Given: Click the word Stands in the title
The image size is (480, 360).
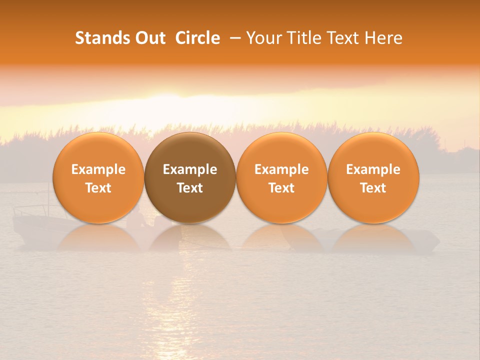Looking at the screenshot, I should click(x=99, y=38).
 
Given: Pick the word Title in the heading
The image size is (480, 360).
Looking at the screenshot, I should click(x=304, y=38).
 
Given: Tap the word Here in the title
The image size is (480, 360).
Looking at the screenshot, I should click(x=384, y=38).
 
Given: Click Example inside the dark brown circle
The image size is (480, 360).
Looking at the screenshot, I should click(x=190, y=169).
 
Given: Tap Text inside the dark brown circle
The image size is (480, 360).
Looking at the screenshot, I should click(x=190, y=188).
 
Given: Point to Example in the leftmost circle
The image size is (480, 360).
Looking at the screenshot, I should click(x=98, y=169).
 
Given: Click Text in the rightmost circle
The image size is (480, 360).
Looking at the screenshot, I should click(x=373, y=188).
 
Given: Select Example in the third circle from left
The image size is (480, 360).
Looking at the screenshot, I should click(x=281, y=169).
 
